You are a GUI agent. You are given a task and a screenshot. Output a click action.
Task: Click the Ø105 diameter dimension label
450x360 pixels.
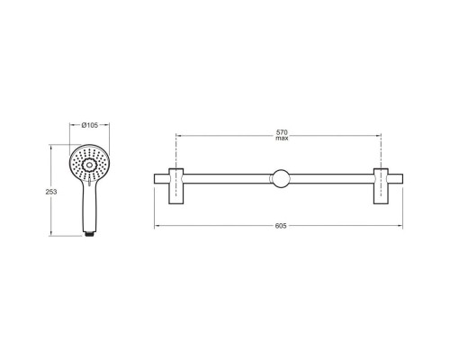90,125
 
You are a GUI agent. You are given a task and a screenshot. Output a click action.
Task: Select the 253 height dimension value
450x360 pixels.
51,192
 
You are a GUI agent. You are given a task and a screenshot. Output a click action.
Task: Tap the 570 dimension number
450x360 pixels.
282,132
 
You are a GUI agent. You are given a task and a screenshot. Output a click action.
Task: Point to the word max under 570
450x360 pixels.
282,138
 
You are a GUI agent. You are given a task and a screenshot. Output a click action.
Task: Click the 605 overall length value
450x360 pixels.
281,226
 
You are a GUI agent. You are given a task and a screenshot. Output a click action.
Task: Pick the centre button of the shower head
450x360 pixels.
89,164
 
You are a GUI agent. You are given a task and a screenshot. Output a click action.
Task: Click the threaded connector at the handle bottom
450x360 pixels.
89,234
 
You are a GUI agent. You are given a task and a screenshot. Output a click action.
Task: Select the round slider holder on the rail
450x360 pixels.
281,178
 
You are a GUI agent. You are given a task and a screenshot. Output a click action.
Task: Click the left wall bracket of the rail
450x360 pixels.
176,186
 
